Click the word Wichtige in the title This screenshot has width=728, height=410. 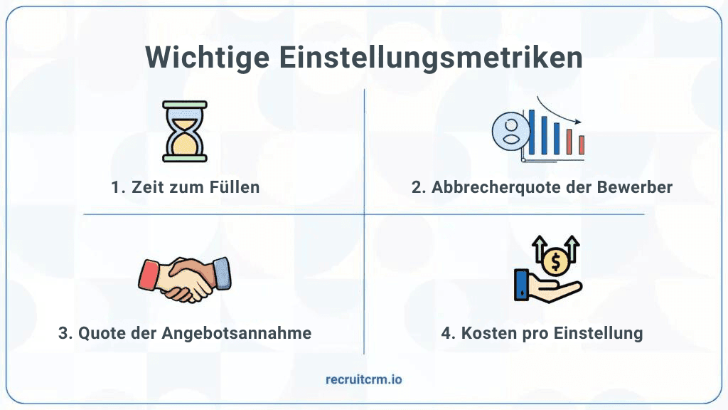(x=206, y=58)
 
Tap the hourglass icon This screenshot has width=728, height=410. (x=185, y=131)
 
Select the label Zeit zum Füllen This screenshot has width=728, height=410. (x=186, y=188)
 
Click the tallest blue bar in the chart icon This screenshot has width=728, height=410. (x=530, y=132)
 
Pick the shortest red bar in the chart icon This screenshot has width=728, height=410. (x=581, y=144)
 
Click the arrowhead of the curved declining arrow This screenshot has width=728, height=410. (x=578, y=122)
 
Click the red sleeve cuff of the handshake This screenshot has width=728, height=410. (x=147, y=274)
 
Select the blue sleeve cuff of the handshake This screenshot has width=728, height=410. (x=223, y=271)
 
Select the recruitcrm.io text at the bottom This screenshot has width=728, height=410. (x=363, y=379)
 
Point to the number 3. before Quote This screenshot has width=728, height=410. (x=65, y=333)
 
